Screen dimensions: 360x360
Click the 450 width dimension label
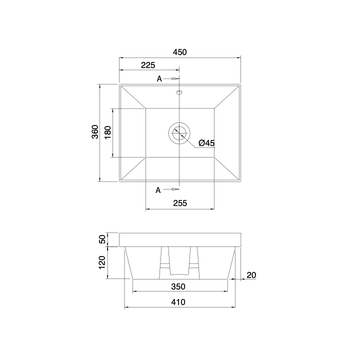coord(180,52)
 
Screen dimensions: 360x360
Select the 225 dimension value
coord(148,65)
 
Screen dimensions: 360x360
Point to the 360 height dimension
coord(95,132)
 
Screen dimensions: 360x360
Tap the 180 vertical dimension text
coord(107,132)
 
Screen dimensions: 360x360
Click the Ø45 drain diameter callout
coord(206,143)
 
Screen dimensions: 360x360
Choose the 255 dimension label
coord(180,203)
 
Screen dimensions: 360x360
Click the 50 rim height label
coord(102,239)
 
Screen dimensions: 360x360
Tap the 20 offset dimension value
coord(251,275)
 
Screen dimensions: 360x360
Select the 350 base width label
coord(178,286)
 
